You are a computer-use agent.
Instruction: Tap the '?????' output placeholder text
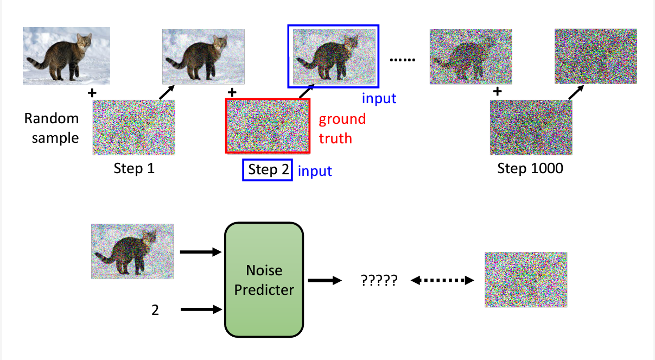point(379,281)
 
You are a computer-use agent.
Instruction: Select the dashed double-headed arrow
point(442,281)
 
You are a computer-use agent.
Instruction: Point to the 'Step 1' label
point(134,168)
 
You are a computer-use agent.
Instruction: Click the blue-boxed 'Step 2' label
point(268,170)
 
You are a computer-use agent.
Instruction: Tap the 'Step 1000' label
point(530,168)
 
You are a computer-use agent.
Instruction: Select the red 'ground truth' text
point(342,129)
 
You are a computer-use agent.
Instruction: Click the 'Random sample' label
point(52,128)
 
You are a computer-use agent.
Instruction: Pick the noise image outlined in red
point(268,126)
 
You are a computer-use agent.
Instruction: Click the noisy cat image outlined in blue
point(334,56)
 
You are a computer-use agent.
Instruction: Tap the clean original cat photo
point(66,56)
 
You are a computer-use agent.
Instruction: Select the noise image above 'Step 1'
point(133,128)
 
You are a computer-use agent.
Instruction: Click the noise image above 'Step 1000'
point(531,128)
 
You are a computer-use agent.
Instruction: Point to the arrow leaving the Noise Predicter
point(325,281)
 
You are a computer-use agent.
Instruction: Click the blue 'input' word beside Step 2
point(315,171)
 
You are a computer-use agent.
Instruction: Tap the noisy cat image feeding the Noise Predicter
point(132,251)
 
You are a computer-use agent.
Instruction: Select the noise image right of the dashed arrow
point(525,279)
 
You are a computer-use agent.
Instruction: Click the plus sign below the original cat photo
point(92,93)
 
